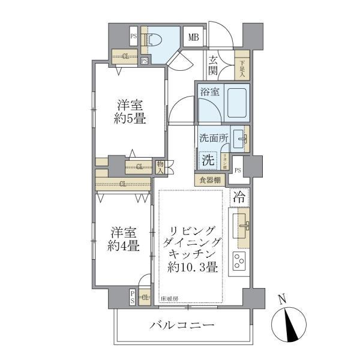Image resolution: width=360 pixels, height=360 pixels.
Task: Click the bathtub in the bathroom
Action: tap(236, 104)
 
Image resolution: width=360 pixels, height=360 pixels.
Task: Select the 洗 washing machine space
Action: tap(207, 160)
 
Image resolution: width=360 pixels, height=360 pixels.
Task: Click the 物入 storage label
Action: tap(160, 167)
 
